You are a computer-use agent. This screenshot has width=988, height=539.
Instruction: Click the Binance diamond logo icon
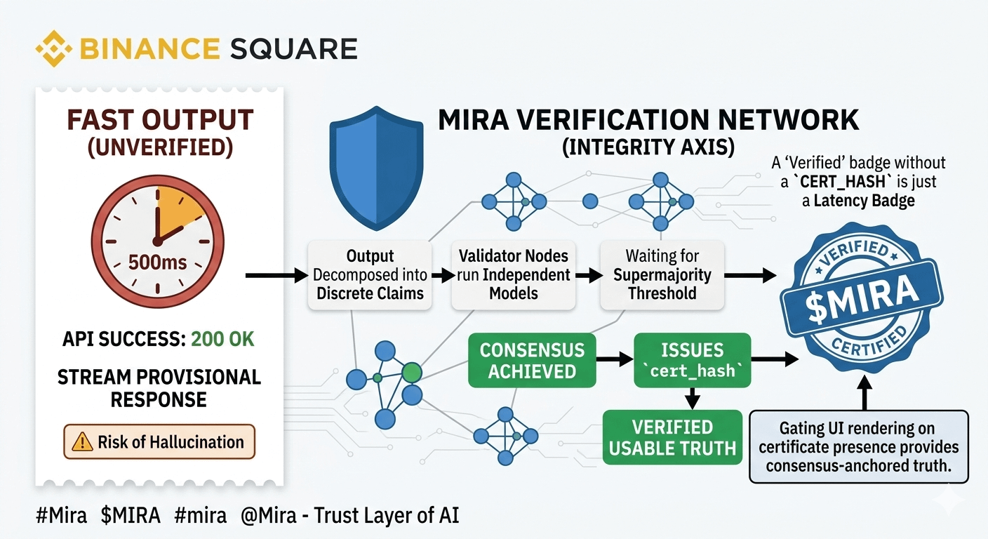coord(53,48)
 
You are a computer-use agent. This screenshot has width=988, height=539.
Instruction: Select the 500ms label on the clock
coord(157,263)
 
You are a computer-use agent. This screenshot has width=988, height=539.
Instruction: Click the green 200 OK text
coord(222,339)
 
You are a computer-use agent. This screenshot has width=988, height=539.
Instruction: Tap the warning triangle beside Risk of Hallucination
coord(82,441)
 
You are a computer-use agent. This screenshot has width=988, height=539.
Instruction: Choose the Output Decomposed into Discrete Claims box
coord(370,275)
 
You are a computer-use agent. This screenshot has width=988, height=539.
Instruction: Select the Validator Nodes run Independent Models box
coord(514,275)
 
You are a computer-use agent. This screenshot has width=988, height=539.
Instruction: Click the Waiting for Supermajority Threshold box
coord(662,275)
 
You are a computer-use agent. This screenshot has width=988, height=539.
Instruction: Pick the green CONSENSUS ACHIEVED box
coord(532,360)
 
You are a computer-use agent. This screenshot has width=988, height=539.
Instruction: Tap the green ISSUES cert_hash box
coord(693,360)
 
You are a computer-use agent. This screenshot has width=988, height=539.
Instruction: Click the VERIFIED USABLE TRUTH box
coord(673,437)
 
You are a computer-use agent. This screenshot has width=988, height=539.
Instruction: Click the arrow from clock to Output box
coord(276,276)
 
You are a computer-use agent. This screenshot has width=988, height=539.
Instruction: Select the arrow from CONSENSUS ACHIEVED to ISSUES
coord(615,359)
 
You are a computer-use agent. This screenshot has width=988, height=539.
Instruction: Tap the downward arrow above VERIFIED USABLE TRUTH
coord(693,399)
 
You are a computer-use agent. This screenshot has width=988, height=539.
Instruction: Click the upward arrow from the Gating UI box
coord(865,392)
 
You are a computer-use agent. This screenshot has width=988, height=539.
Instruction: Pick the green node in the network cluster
coord(412,372)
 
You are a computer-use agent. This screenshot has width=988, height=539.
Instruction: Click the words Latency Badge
coord(864,201)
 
